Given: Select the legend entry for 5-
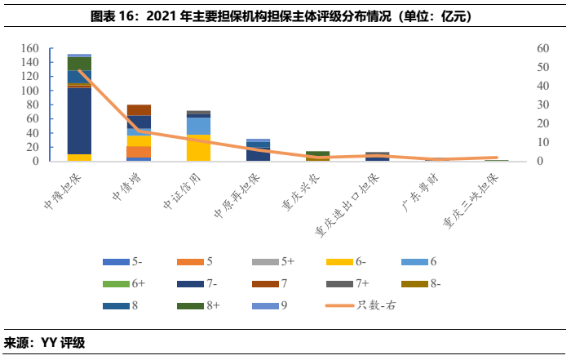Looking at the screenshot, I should tap(123, 262).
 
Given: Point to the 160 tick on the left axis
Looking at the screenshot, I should tap(29, 49).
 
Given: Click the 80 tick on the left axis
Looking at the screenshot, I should tap(33, 105).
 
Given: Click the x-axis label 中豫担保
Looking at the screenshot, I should tap(60, 189).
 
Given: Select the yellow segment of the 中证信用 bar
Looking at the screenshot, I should tap(198, 148).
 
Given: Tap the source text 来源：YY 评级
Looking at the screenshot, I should tap(45, 343).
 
